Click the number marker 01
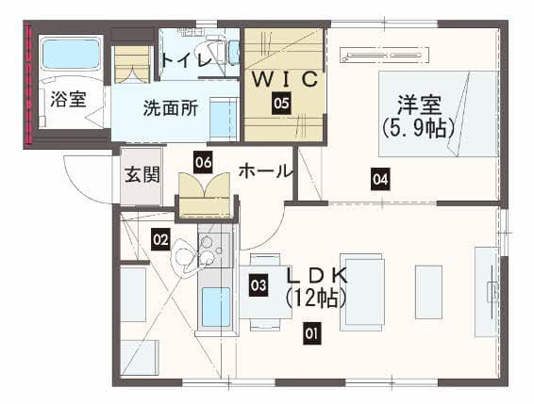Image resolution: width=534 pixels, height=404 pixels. tap(312, 333)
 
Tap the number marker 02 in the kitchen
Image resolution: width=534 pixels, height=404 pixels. tap(160, 240)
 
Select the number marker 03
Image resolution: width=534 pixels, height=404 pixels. tap(259, 285)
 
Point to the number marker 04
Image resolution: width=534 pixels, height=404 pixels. tap(380, 179)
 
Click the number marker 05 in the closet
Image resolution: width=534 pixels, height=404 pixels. tap(281, 103)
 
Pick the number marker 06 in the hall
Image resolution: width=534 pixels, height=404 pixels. tap(203, 162)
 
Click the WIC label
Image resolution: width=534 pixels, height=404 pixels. tap(285, 79)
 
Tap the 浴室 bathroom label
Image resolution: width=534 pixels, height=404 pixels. tap(68, 99)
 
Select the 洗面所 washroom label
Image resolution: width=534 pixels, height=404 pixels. tap(170, 108)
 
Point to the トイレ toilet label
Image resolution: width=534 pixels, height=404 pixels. tap(187, 60)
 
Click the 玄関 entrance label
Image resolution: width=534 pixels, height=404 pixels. tap(142, 175)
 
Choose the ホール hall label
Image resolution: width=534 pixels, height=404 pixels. tap(265, 171)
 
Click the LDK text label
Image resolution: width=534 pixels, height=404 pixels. tap(317, 275)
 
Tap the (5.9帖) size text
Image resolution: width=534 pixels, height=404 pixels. tap(418, 128)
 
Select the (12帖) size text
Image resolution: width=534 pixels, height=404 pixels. tap(316, 299)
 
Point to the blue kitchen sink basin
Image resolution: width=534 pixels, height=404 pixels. tap(216, 307)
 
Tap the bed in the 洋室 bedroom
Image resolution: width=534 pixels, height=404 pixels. tap(439, 114)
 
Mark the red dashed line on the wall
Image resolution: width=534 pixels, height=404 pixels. tap(29, 85)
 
